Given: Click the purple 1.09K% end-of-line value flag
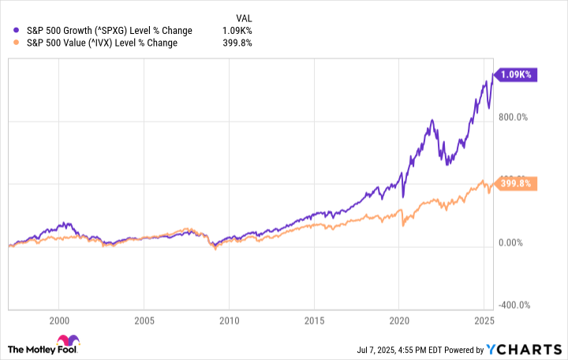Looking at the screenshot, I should click(515, 74).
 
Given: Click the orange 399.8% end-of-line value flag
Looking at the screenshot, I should click(515, 183).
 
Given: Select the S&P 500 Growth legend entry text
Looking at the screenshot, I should click(98, 30).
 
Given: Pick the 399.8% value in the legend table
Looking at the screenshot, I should click(237, 43).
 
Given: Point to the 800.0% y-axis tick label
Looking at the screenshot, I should click(517, 118).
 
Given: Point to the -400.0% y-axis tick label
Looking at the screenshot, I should click(517, 306).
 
